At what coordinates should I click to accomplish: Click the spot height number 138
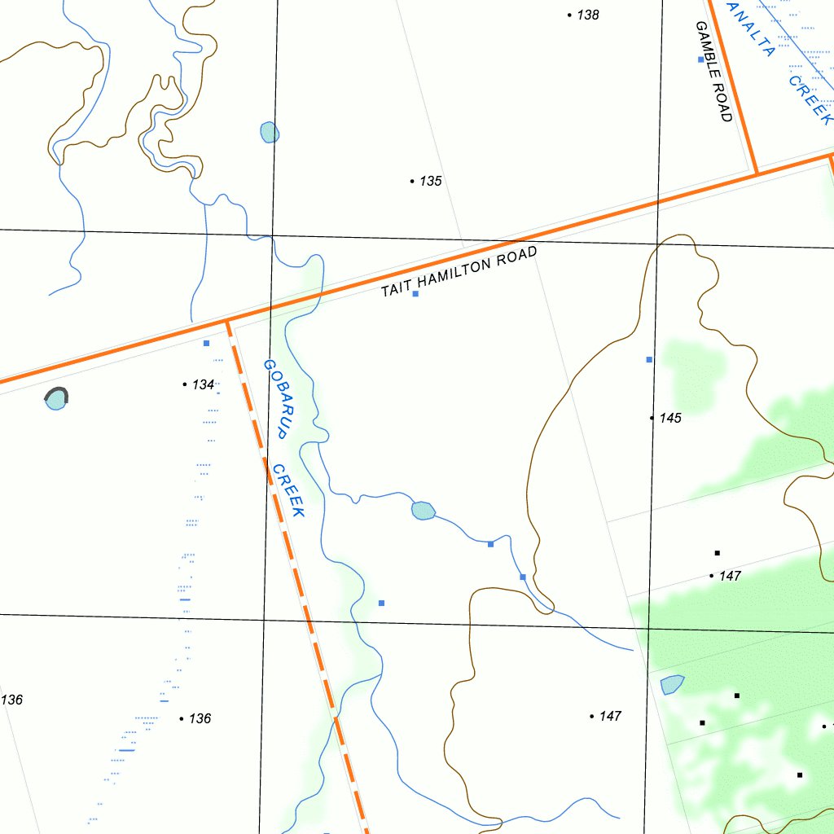587,15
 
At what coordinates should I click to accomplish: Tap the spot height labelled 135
430,181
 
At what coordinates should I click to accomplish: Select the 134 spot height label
203,384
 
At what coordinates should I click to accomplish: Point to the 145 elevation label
670,418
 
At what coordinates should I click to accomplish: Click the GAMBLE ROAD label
714,72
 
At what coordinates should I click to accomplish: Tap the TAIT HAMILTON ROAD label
459,272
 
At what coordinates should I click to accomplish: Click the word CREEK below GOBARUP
289,491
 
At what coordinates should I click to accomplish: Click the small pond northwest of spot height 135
269,132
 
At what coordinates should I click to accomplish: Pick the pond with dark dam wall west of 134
56,398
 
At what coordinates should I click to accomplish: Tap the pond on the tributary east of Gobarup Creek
423,511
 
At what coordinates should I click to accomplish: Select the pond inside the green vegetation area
672,685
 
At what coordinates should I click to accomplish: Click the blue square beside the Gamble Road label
700,59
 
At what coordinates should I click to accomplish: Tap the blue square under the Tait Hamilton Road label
415,293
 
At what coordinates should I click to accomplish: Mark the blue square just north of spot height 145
649,359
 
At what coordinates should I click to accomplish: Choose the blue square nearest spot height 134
206,343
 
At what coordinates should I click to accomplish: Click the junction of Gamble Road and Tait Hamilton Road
757,173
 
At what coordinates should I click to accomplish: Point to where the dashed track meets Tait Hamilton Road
228,321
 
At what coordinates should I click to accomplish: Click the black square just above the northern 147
717,553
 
